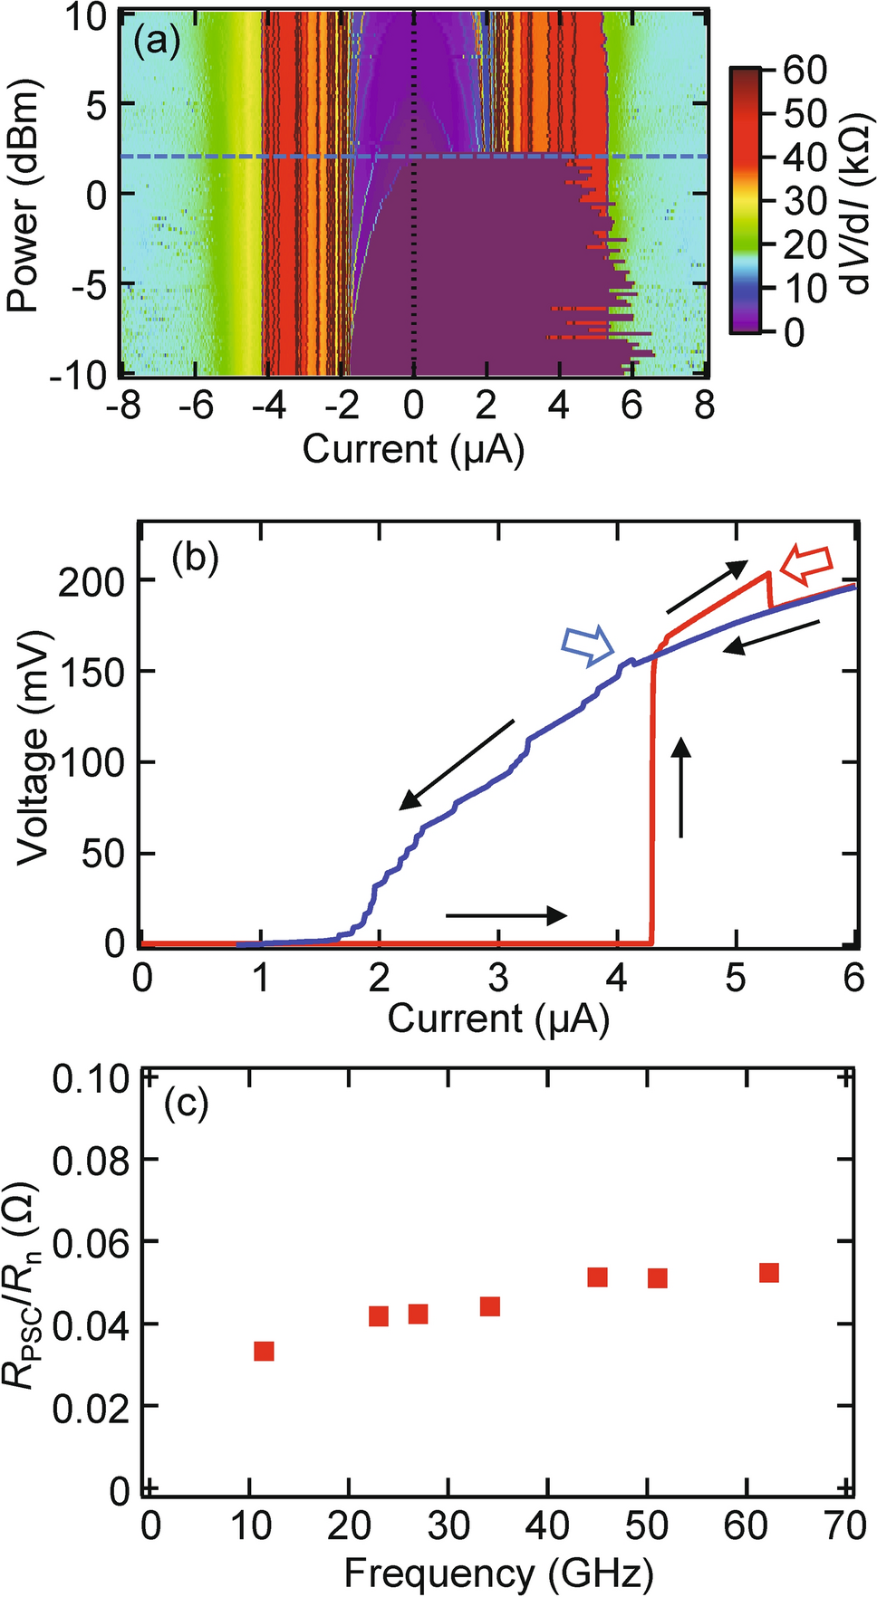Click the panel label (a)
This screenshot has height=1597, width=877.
point(156,42)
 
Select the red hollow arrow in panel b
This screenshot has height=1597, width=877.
point(805,563)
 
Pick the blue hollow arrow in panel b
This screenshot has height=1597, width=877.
point(587,646)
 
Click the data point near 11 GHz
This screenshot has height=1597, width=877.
point(264,1351)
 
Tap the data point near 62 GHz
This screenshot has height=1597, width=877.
point(769,1273)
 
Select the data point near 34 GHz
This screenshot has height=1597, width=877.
point(490,1305)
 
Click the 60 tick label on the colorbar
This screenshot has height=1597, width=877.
point(805,71)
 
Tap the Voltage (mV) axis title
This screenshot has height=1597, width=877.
point(34,748)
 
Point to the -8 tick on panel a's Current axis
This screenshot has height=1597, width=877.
point(123,405)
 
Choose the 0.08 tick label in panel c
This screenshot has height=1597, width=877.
point(92,1160)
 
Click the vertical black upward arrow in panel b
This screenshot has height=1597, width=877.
point(681,786)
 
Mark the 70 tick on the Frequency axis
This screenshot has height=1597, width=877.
point(844,1526)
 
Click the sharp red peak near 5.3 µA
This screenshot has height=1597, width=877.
point(768,573)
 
